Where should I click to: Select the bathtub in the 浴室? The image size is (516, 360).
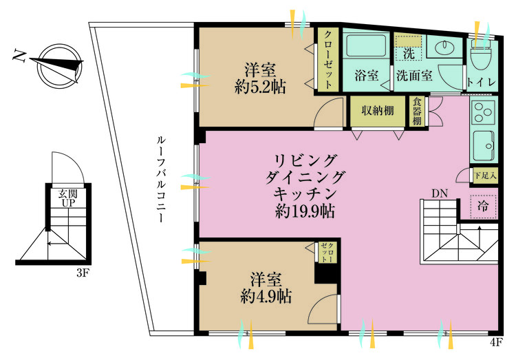pyautogui.click(x=366, y=45)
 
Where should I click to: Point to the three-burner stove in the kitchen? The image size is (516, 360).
pyautogui.click(x=484, y=112)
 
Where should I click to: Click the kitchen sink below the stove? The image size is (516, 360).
pyautogui.click(x=484, y=145)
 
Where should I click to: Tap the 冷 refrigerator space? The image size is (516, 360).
pyautogui.click(x=483, y=207)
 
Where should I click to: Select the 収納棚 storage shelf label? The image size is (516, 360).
pyautogui.click(x=378, y=111)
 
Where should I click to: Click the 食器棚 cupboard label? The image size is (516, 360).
pyautogui.click(x=417, y=111)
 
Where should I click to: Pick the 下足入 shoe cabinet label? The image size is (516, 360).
pyautogui.click(x=485, y=176)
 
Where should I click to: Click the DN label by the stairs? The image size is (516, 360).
pyautogui.click(x=440, y=193)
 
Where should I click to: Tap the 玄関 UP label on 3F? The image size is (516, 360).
pyautogui.click(x=68, y=198)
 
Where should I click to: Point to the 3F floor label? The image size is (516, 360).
pyautogui.click(x=83, y=273)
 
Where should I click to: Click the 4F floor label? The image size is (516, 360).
pyautogui.click(x=496, y=343)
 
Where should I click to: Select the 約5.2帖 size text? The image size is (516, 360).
pyautogui.click(x=260, y=87)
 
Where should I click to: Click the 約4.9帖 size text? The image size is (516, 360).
pyautogui.click(x=266, y=297)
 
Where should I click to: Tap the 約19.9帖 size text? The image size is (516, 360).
pyautogui.click(x=305, y=211)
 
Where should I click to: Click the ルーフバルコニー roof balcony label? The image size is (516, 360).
pyautogui.click(x=161, y=180)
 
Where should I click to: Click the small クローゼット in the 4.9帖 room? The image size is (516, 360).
pyautogui.click(x=327, y=253)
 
